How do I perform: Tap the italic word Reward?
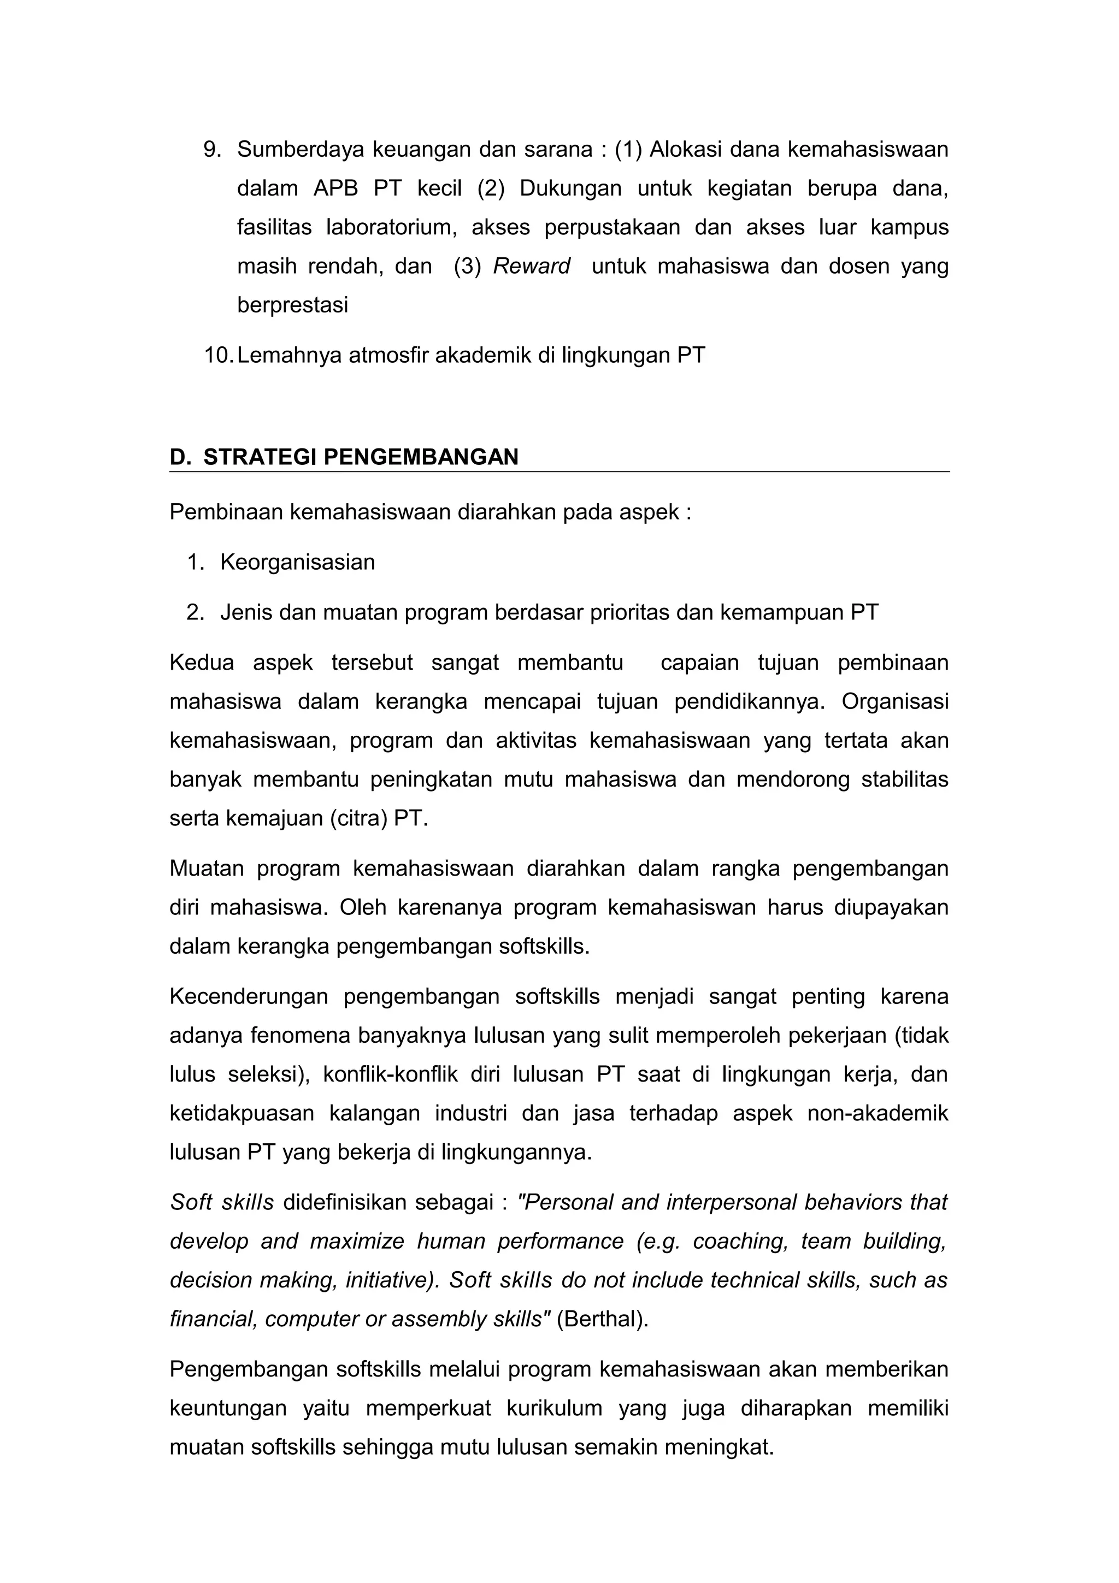click(532, 266)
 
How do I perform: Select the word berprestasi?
click(292, 305)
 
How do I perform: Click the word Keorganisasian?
click(297, 562)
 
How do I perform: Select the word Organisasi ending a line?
click(895, 702)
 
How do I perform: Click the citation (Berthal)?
click(603, 1320)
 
